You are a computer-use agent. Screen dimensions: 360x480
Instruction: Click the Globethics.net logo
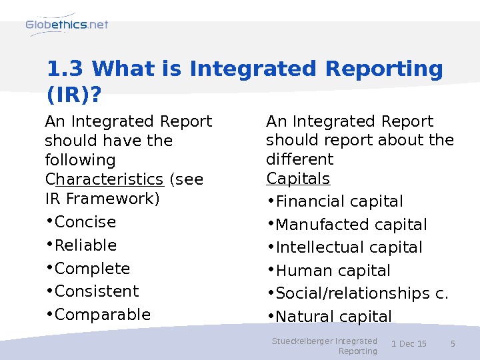click(x=67, y=25)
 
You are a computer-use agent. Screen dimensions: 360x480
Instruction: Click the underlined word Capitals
click(x=298, y=179)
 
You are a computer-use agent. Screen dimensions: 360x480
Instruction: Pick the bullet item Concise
click(x=85, y=222)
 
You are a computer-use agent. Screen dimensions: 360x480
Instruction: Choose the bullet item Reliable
click(x=85, y=245)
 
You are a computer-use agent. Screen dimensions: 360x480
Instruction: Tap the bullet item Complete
click(x=92, y=269)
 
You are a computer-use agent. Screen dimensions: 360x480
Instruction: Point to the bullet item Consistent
click(x=97, y=291)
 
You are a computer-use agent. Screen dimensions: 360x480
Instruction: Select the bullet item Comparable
click(x=103, y=315)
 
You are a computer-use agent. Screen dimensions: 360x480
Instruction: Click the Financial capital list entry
click(x=339, y=201)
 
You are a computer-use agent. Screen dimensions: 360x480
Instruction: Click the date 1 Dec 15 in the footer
click(x=409, y=344)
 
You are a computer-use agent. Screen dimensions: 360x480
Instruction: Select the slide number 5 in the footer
click(x=453, y=344)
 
